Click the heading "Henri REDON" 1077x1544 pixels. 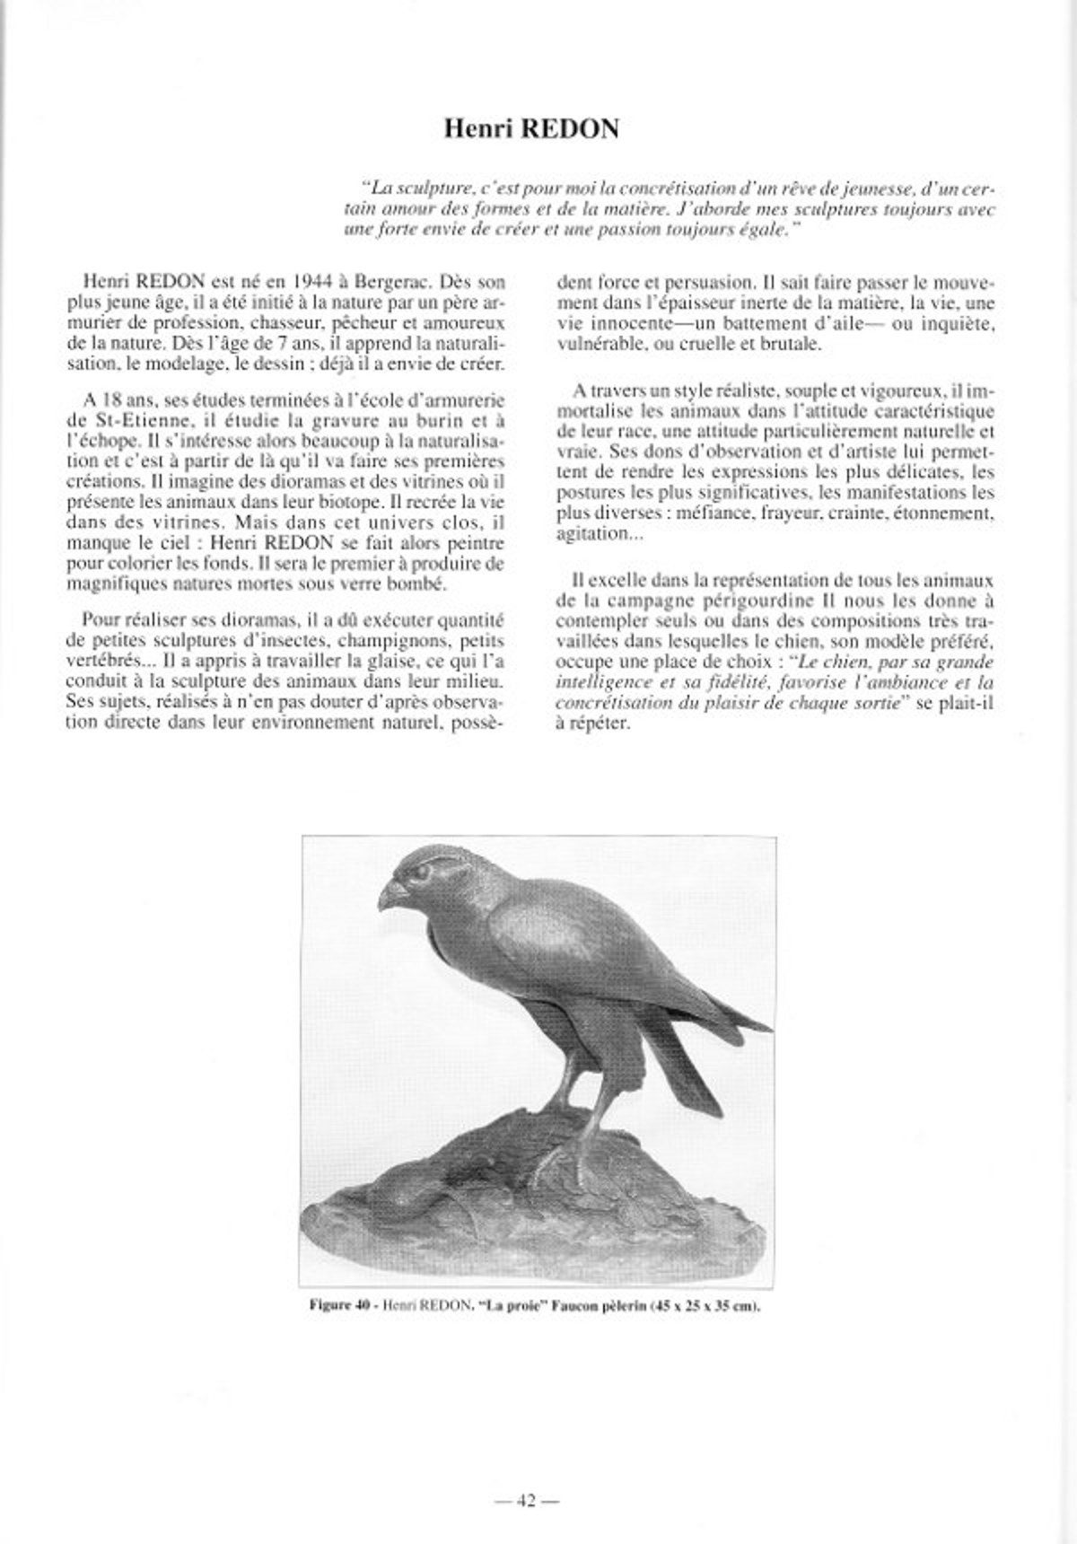pyautogui.click(x=531, y=129)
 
